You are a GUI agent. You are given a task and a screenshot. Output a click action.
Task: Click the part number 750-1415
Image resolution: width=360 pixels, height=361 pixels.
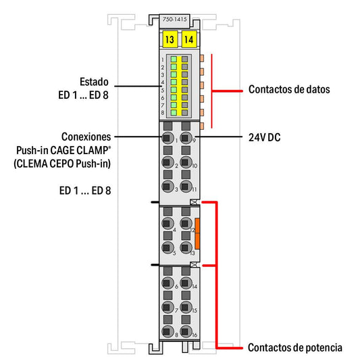point(174,19)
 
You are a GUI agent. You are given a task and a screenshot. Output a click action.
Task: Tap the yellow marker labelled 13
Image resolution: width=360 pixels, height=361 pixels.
point(170,39)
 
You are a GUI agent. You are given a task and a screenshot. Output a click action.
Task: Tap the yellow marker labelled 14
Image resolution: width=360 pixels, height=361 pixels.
point(189,39)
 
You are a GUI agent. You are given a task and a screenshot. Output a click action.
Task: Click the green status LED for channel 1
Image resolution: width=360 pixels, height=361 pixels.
point(174,59)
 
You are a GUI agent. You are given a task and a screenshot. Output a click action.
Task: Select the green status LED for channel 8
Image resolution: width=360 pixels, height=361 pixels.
point(174,113)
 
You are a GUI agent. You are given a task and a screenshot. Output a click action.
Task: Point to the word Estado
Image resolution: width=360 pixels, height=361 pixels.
point(94,82)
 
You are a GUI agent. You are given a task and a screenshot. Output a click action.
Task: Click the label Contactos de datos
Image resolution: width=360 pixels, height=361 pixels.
point(289,89)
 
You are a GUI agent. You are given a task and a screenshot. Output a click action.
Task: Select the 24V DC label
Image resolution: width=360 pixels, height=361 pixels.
point(265,137)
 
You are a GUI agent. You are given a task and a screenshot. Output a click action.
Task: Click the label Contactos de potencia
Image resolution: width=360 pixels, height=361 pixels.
point(295,347)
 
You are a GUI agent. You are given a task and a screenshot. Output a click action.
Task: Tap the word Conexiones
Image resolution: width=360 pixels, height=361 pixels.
point(86,137)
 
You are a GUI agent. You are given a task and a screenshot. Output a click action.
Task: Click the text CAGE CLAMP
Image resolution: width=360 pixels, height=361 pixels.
point(79,150)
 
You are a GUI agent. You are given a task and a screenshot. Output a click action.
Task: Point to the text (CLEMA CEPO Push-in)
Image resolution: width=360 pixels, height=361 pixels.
point(62,164)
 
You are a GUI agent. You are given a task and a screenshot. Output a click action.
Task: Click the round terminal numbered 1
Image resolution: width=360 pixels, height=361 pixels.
point(168,138)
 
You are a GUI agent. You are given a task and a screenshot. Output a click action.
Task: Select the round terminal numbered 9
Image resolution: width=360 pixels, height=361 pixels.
point(186,138)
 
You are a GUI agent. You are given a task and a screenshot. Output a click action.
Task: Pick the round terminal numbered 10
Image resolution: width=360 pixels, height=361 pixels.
point(186,162)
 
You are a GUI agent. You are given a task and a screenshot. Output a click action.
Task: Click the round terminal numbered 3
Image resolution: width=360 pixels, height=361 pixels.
point(168,186)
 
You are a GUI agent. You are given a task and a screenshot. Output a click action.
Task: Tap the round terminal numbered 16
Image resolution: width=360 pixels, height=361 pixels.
point(186,331)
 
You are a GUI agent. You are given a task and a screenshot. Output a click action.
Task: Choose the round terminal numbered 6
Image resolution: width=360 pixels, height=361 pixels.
point(168,283)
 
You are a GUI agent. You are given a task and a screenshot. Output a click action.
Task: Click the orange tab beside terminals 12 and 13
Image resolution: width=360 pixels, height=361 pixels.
point(197,234)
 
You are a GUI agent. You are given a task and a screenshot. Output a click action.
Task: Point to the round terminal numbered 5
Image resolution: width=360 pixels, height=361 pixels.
point(168,247)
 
